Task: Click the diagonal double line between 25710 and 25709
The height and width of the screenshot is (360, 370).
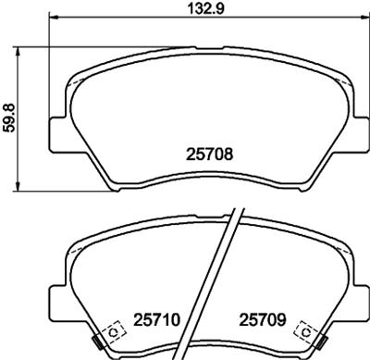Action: tap(225, 278)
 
